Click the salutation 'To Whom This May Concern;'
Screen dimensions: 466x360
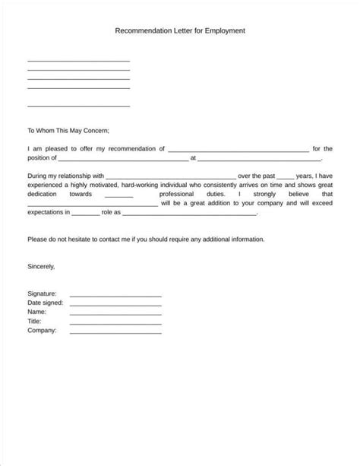tap(68, 131)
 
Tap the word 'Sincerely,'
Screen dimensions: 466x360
tap(42, 267)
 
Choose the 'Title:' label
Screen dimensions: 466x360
tap(36, 322)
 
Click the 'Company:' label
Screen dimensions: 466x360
tap(43, 331)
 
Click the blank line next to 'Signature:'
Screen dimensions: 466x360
tap(115, 296)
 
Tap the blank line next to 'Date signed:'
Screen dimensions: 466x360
tap(115, 305)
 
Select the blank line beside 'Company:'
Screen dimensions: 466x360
tap(115, 332)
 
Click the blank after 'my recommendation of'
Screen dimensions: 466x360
tap(238, 151)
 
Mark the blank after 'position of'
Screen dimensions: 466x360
tap(123, 160)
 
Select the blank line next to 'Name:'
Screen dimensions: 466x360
tap(115, 314)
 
